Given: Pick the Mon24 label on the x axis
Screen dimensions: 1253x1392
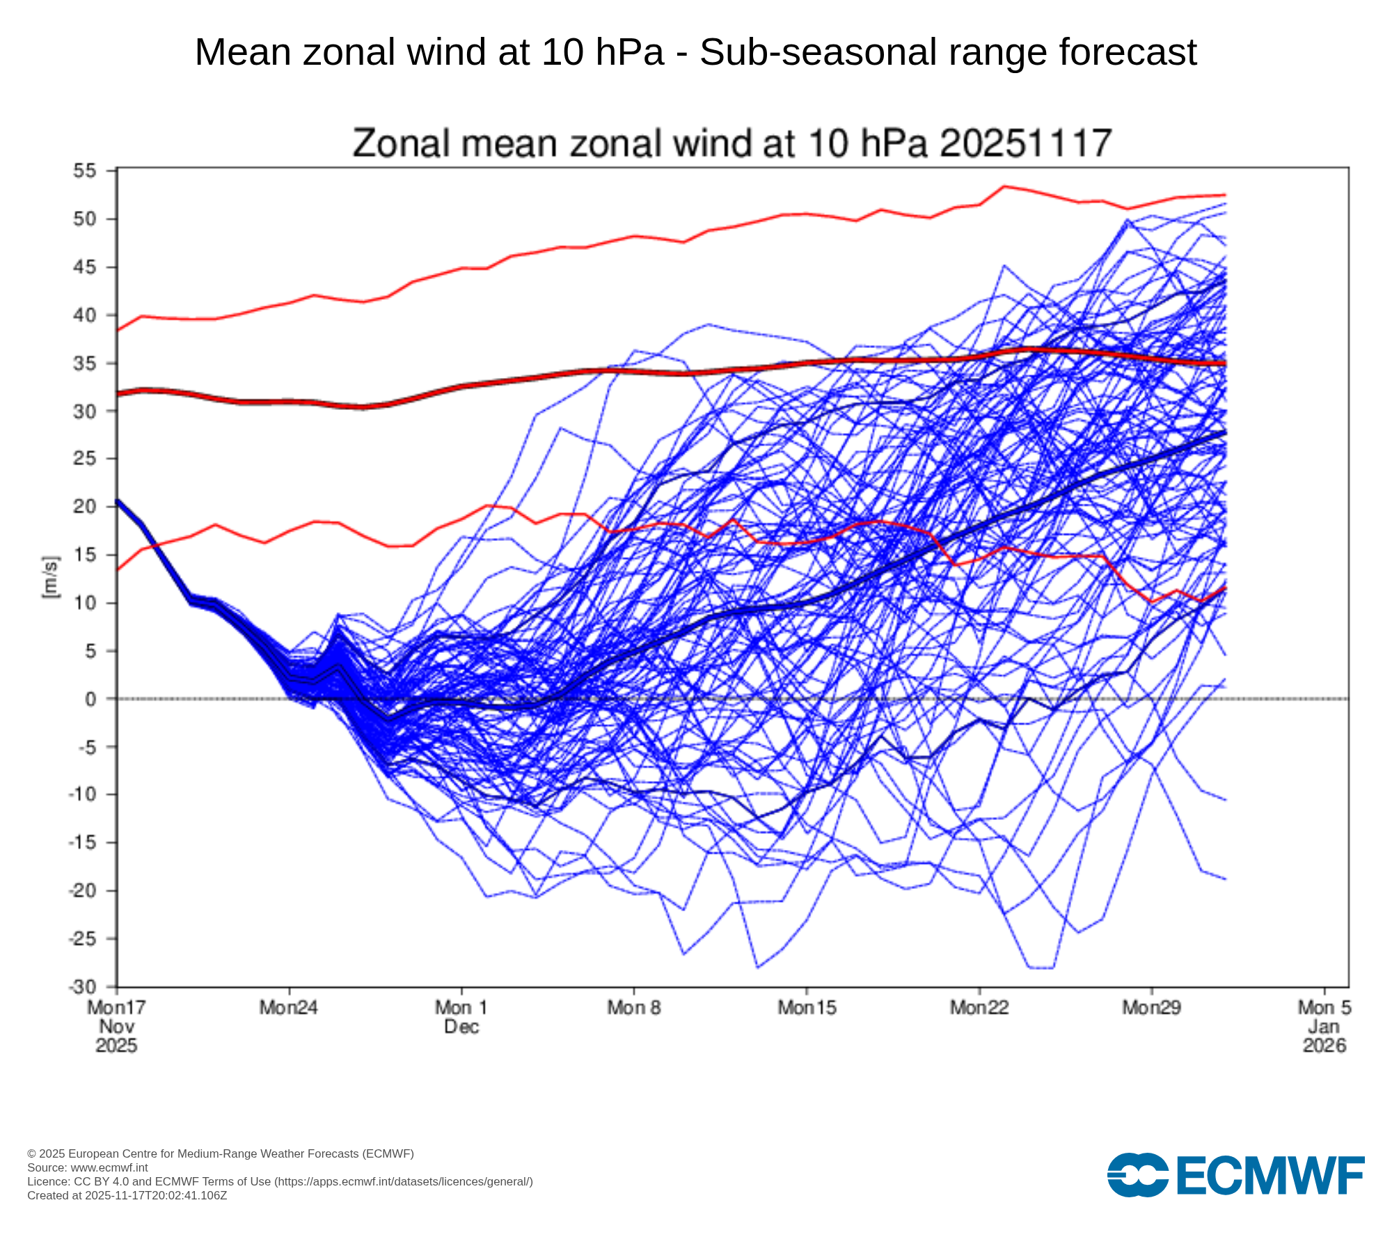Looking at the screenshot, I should (288, 1007).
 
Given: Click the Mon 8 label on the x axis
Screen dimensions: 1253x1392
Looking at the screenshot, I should (633, 1007).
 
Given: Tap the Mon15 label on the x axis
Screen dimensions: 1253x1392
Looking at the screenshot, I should (807, 1007).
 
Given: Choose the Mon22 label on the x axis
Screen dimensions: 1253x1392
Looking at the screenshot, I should (979, 1007).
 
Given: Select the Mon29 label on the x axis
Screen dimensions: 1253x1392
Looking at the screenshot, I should (1151, 1007).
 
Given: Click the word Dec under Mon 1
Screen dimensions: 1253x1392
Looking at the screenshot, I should (461, 1027).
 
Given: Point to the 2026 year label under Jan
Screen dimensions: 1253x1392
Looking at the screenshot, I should (1324, 1046).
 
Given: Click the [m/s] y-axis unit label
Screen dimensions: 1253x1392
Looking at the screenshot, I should (51, 578).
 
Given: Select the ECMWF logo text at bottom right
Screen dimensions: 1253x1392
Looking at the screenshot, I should (1270, 1176).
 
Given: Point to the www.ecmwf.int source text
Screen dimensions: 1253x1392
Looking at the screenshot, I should (109, 1167).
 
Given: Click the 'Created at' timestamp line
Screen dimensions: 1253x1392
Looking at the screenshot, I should (127, 1195).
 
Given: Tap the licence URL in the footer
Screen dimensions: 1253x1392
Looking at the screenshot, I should (404, 1181).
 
